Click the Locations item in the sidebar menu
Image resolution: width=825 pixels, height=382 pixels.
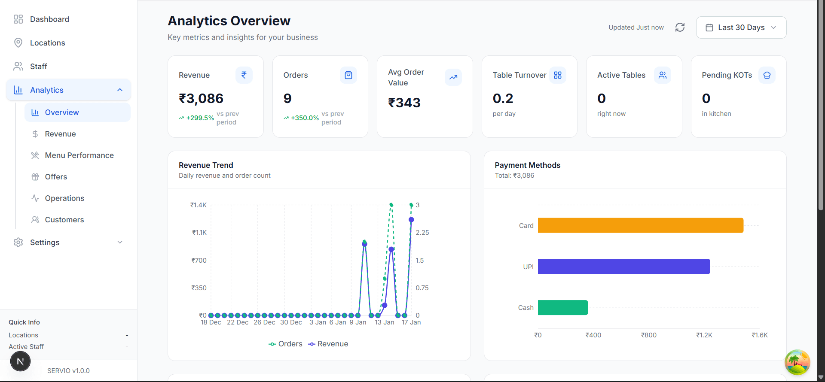click(47, 43)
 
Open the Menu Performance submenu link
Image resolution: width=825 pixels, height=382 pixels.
click(79, 155)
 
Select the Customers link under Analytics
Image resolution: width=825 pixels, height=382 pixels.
click(64, 220)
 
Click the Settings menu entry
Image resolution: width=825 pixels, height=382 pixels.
click(45, 243)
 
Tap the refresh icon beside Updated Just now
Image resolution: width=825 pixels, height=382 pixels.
click(680, 27)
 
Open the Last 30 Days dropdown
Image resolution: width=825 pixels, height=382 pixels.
click(741, 27)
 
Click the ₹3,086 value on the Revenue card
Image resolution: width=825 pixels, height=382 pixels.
click(201, 99)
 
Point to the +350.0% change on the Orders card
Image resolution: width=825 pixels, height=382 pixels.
click(305, 118)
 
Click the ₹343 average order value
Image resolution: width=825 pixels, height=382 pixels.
click(404, 103)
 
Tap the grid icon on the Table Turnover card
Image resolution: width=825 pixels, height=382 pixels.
click(558, 75)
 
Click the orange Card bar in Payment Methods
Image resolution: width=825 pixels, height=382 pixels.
click(640, 225)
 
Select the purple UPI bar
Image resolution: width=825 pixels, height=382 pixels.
click(624, 267)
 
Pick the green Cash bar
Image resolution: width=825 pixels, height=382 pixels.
click(562, 308)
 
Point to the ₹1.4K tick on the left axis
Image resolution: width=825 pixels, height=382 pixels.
click(199, 205)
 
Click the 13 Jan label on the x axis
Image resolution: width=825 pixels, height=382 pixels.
click(384, 322)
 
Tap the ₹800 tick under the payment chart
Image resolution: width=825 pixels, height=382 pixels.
click(648, 335)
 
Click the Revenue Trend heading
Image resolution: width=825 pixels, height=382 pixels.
click(206, 165)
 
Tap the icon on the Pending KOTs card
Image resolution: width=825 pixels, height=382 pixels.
click(767, 75)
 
